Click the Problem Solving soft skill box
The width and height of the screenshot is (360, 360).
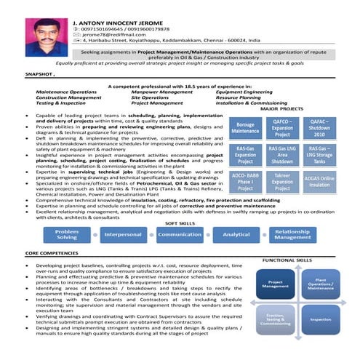(67, 234)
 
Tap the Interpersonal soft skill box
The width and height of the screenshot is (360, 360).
(123, 235)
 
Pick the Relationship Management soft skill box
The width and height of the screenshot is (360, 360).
(292, 234)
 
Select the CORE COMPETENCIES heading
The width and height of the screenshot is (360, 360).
(53, 252)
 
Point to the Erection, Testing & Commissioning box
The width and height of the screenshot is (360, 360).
(276, 319)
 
